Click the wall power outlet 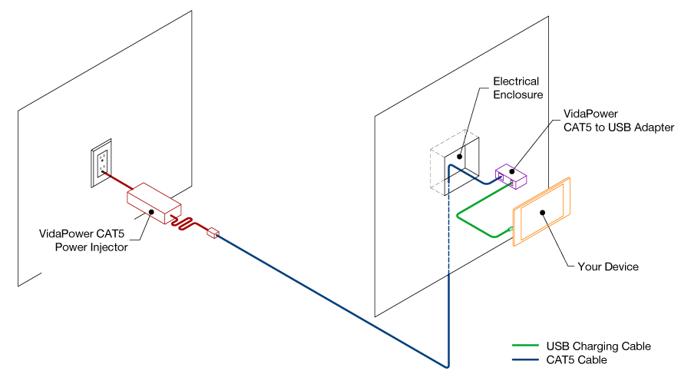coord(101,164)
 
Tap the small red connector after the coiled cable coord(213,232)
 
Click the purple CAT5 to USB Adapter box coord(511,176)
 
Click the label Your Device coord(607,266)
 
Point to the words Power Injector coord(91,247)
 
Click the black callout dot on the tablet coord(542,212)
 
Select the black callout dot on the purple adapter coord(512,172)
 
